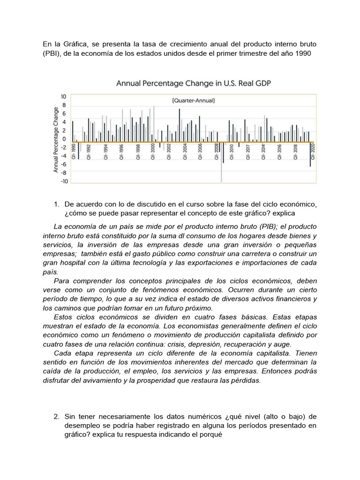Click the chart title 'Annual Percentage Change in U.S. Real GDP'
194,83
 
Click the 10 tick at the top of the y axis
64,96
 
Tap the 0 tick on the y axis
65,139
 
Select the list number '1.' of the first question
57,204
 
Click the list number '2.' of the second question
57,416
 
